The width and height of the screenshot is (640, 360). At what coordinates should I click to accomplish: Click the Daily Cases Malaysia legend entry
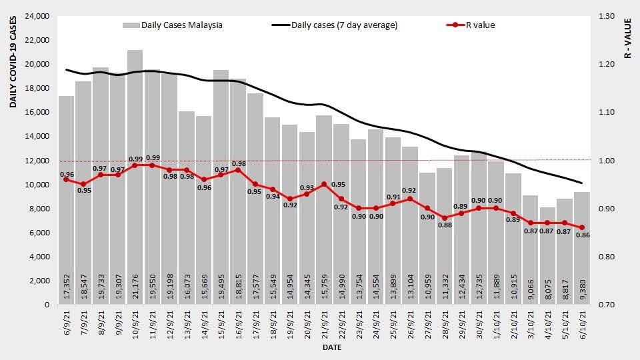click(173, 25)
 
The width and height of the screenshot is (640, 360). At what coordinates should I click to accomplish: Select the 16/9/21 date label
click(239, 327)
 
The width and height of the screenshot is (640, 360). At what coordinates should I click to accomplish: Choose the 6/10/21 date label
click(583, 327)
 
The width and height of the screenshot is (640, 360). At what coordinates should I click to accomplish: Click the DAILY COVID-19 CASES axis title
click(13, 63)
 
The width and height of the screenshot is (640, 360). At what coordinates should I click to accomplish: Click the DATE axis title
click(332, 348)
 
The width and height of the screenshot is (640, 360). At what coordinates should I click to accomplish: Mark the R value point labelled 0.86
click(582, 227)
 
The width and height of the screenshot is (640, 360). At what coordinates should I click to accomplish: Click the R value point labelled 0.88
click(445, 218)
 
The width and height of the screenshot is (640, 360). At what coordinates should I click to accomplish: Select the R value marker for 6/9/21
click(66, 179)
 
